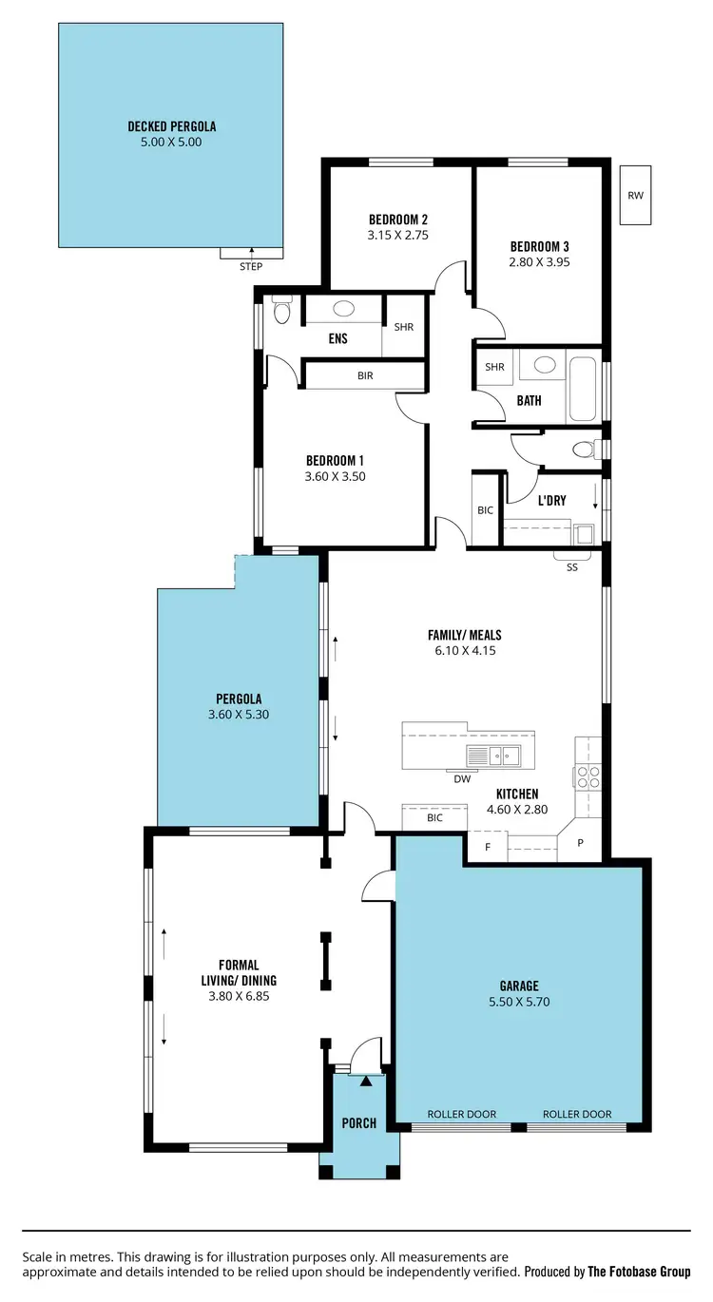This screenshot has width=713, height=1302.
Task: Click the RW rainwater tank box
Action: (635, 196)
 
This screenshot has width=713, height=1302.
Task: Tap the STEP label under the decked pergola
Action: (251, 267)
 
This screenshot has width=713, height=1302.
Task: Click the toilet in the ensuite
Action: (280, 311)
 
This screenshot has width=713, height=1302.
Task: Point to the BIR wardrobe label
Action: (365, 376)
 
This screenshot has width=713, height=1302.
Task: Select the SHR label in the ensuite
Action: (404, 326)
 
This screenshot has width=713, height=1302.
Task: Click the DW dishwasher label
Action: (463, 779)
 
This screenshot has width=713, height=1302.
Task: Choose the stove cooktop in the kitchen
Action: (587, 776)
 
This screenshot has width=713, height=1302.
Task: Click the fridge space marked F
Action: (488, 846)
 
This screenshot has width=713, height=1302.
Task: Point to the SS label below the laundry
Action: (572, 567)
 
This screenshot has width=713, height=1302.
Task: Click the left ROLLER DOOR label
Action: (462, 1114)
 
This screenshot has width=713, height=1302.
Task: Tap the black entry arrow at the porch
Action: (366, 1081)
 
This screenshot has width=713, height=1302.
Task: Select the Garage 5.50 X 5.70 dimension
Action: (519, 1002)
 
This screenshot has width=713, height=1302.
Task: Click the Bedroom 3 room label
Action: (539, 246)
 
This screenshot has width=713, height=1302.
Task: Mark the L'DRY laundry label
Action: (552, 500)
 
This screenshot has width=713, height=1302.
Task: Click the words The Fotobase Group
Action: (639, 1272)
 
